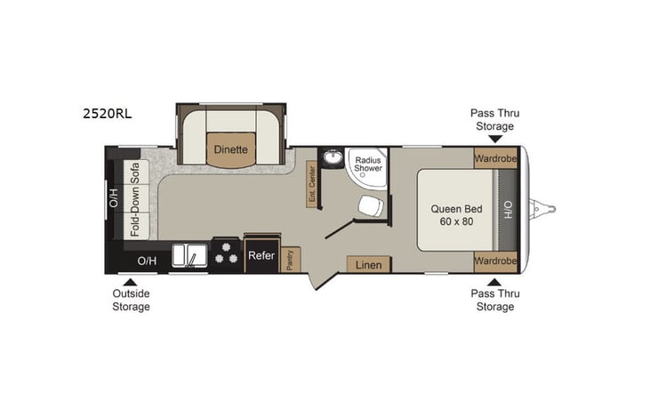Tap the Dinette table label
(x=230, y=149)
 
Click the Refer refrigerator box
(x=261, y=255)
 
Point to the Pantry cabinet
(x=291, y=259)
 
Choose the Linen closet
(x=367, y=265)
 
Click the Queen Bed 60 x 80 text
(x=454, y=214)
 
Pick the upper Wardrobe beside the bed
(x=494, y=158)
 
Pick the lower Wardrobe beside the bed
(x=494, y=261)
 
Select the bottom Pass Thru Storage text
(x=494, y=300)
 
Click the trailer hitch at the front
(x=543, y=209)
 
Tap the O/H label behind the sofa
(x=114, y=198)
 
